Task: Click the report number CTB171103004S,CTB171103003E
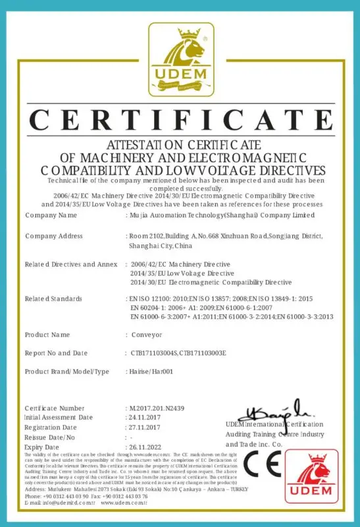pos(178,353)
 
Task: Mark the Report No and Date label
pos(56,353)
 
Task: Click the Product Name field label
pos(47,335)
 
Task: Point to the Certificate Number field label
pos(55,408)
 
